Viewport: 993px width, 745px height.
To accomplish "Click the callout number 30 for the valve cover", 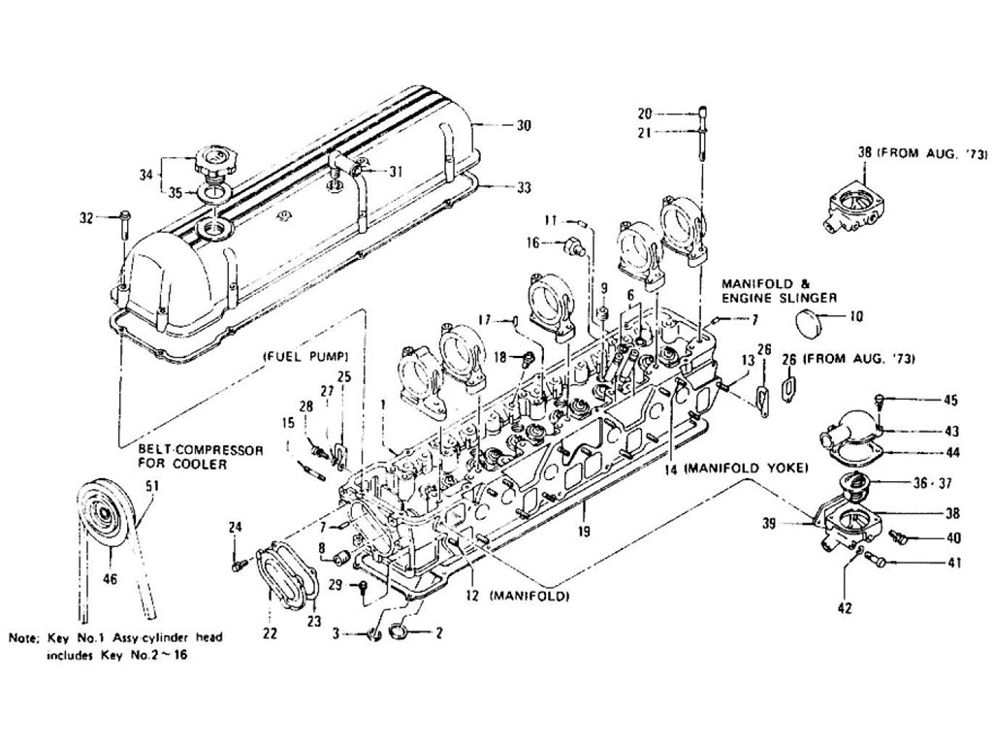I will (524, 126).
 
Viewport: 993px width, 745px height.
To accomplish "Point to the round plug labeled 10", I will (811, 321).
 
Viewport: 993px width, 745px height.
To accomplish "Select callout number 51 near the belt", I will (151, 486).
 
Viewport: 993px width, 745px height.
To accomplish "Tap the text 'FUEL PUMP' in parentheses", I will (304, 356).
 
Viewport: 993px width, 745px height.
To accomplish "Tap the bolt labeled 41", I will (871, 560).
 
